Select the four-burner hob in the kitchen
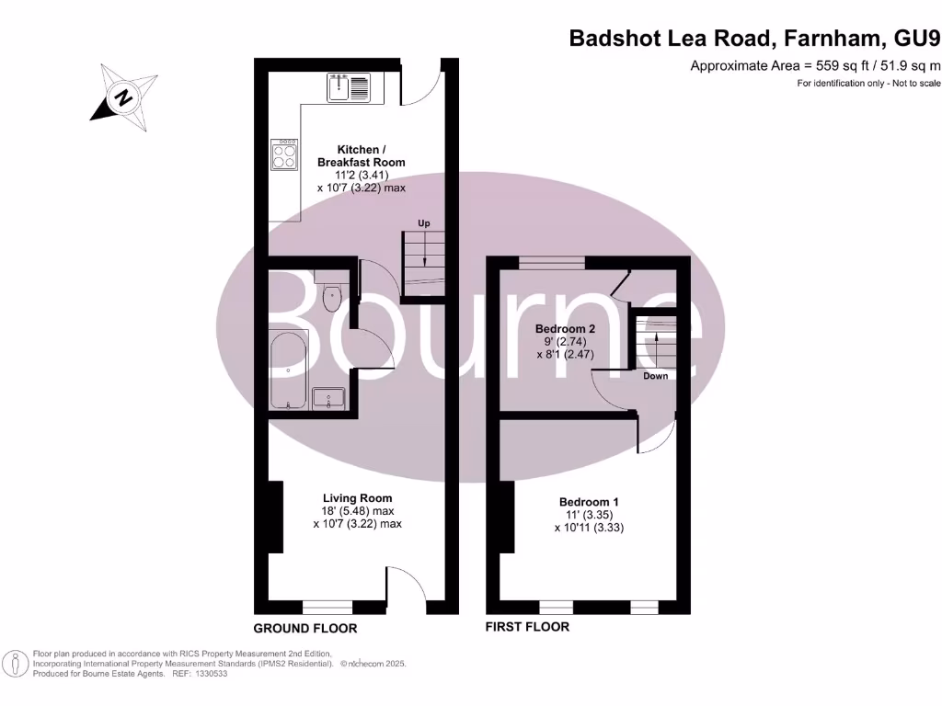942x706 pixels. pyautogui.click(x=284, y=154)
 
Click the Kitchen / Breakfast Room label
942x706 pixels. pyautogui.click(x=360, y=155)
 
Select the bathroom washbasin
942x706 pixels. pyautogui.click(x=328, y=398)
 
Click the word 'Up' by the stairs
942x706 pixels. pyautogui.click(x=423, y=223)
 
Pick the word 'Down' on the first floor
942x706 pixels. pyautogui.click(x=656, y=376)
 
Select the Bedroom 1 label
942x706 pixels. pyautogui.click(x=589, y=502)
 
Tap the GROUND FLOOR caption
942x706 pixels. pyautogui.click(x=305, y=629)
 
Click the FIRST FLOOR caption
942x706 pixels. pyautogui.click(x=528, y=627)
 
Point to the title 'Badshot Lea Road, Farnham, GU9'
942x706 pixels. pyautogui.click(x=754, y=39)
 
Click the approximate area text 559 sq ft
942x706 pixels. pyautogui.click(x=815, y=65)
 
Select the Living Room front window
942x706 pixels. pyautogui.click(x=328, y=608)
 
